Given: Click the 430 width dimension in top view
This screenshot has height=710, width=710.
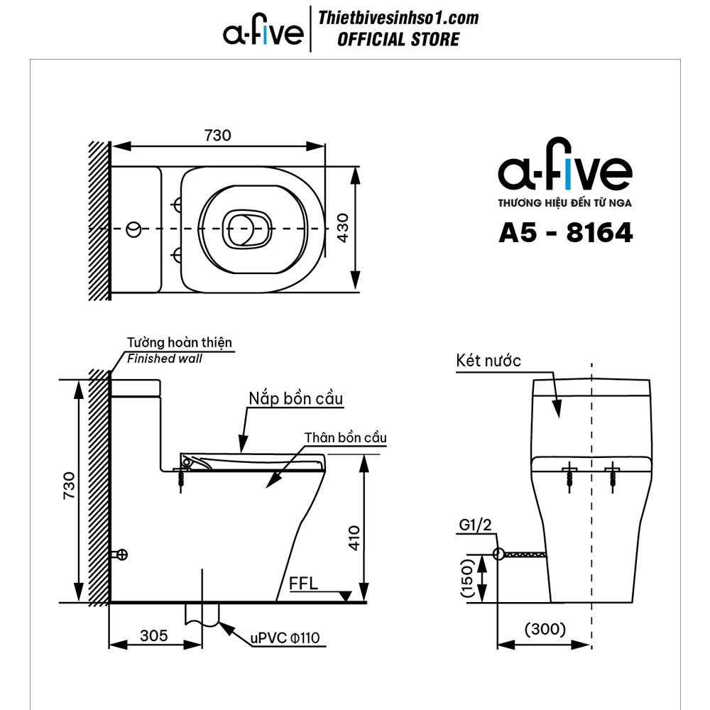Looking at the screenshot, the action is (343, 228).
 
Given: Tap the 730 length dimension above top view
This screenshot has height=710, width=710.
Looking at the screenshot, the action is (218, 136).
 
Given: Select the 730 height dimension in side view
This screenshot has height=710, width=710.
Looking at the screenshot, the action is (69, 486).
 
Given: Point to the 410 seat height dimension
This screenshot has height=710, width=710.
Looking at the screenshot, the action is (354, 537).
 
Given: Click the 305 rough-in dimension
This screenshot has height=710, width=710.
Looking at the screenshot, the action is (154, 635).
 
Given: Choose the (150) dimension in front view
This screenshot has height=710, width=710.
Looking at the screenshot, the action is (466, 578).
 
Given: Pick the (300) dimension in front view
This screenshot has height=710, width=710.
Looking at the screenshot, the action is (545, 629).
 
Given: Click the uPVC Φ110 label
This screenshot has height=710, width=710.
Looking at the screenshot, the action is (285, 638).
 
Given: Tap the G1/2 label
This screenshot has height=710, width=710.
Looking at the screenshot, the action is (475, 525).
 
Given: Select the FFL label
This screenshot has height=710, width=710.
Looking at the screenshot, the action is (303, 583).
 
